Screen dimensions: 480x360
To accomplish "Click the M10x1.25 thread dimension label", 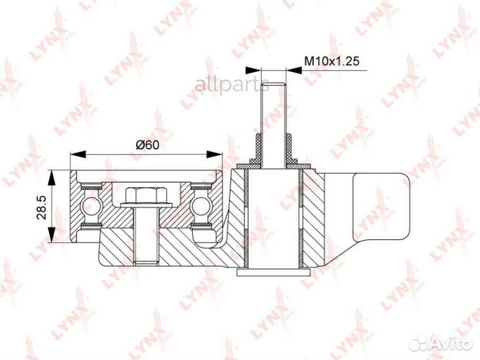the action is [x=331, y=61].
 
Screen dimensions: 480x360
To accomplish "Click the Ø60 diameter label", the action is [x=147, y=145].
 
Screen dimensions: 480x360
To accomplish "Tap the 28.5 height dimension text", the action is [x=41, y=207].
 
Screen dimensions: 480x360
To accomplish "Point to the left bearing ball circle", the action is [x=91, y=206].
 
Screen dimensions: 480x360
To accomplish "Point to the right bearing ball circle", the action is [x=200, y=206].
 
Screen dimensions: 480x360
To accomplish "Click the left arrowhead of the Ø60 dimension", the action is [x=78, y=154].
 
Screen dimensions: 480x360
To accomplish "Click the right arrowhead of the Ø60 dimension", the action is [x=214, y=154].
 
